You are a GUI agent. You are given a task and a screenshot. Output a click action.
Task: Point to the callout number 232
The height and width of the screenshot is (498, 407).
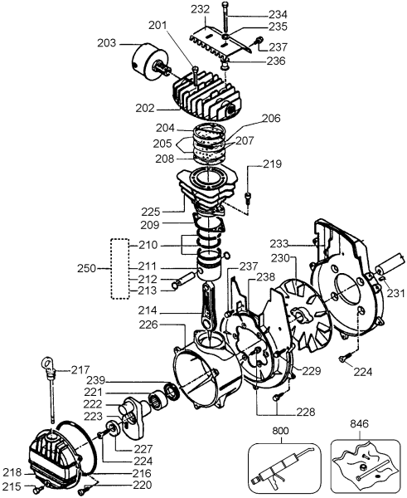coord(199,9)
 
